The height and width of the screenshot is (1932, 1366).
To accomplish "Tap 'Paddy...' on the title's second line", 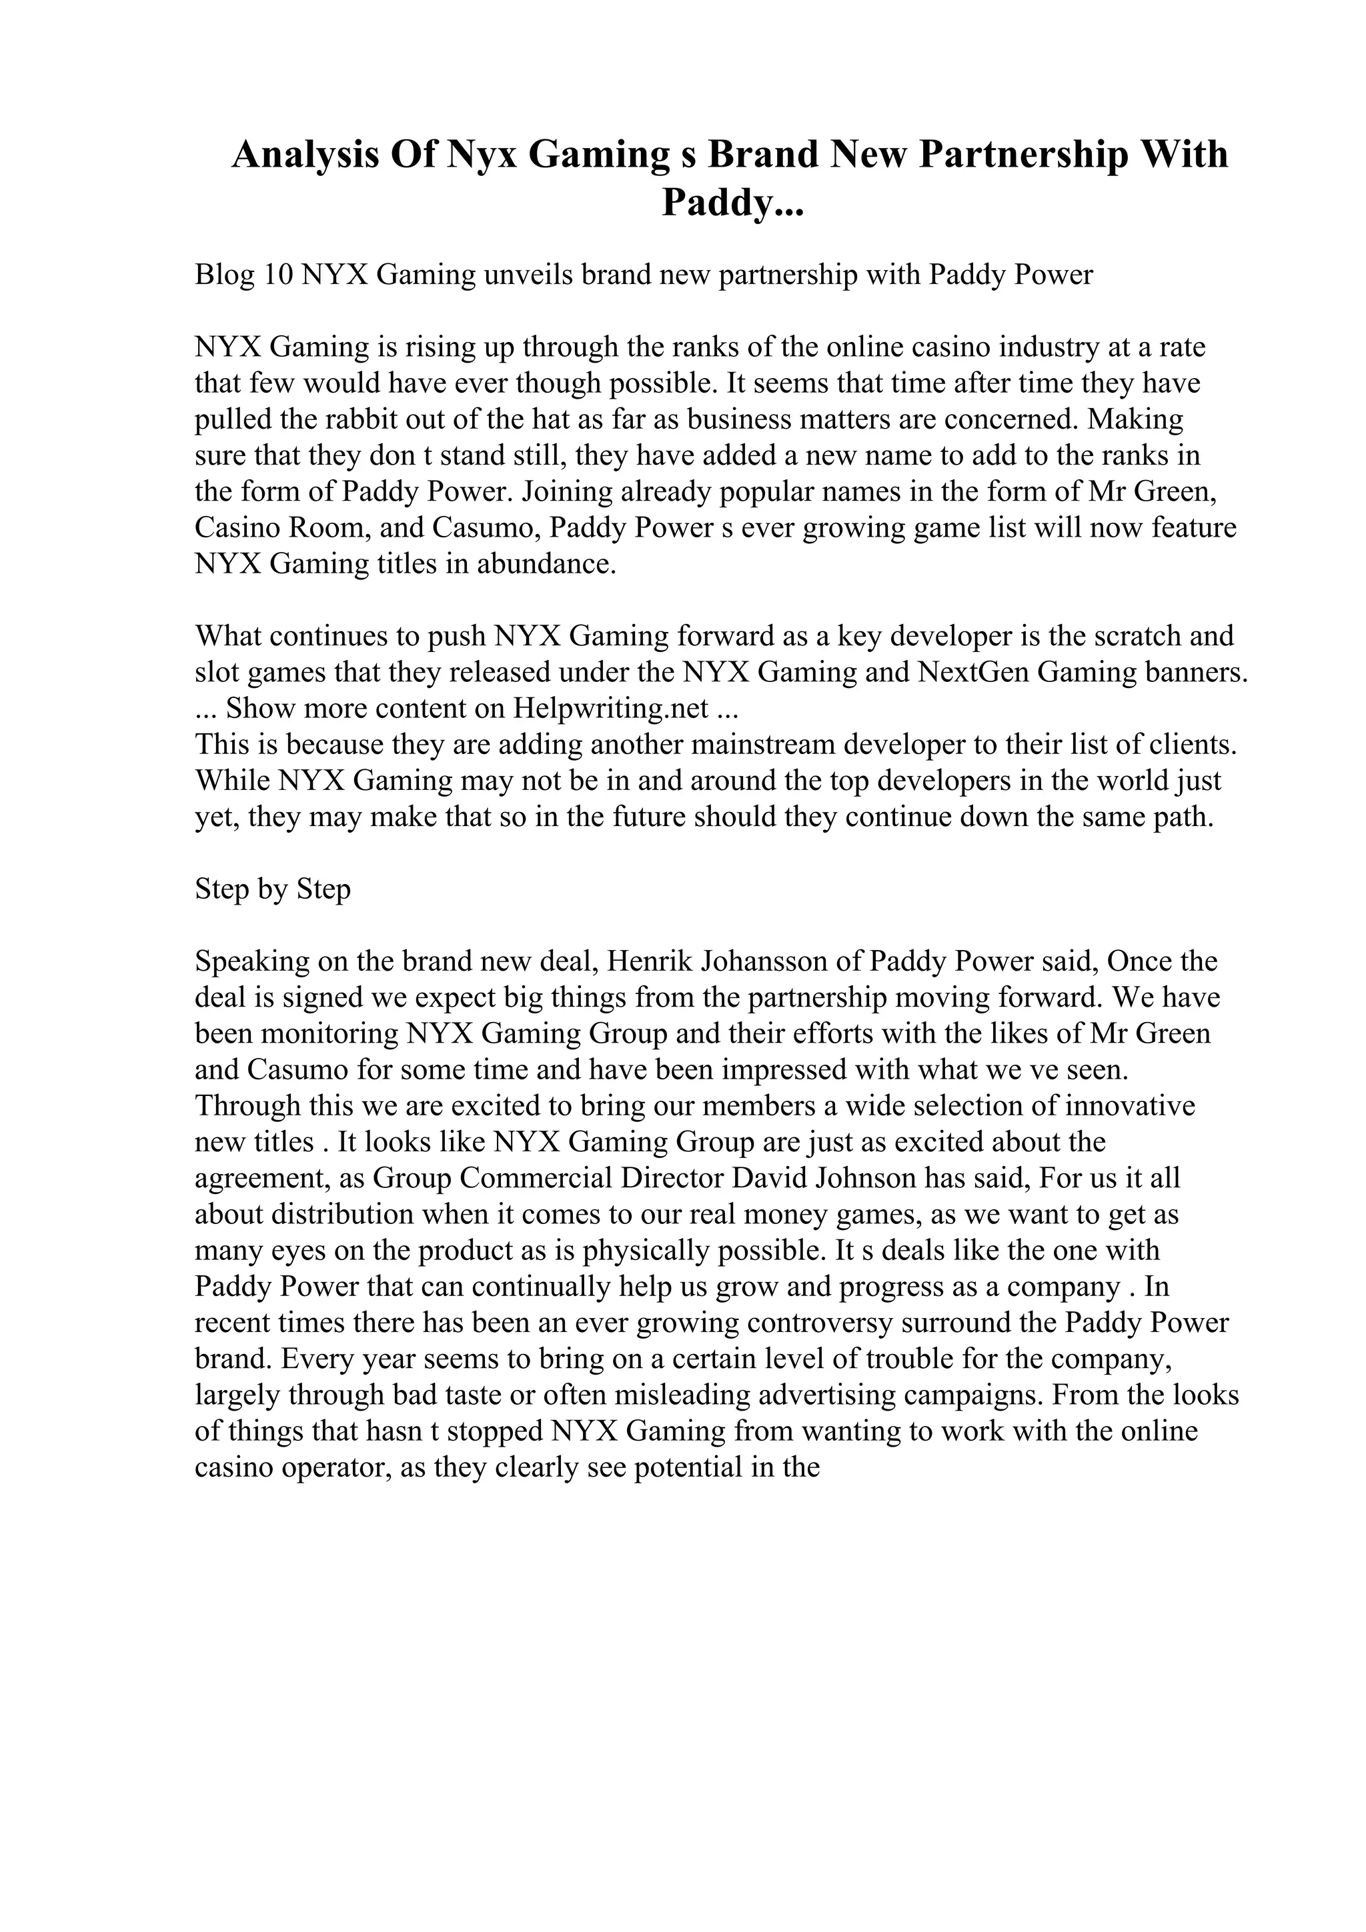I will (732, 203).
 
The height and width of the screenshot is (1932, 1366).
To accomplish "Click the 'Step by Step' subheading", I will (273, 889).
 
